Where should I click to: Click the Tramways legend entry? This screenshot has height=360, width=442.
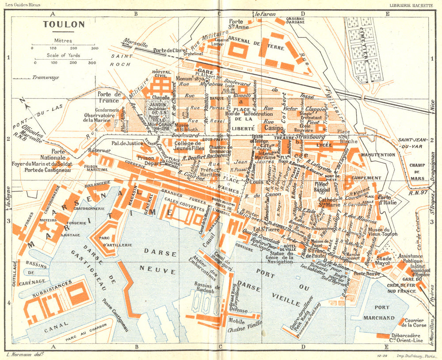45,77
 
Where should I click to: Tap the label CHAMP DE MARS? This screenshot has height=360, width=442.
417,169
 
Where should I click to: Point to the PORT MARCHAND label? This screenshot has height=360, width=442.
378,313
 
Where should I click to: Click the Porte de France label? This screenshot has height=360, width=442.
109,97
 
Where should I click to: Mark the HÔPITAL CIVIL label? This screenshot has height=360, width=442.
161,74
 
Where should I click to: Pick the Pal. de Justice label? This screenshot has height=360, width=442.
128,143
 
